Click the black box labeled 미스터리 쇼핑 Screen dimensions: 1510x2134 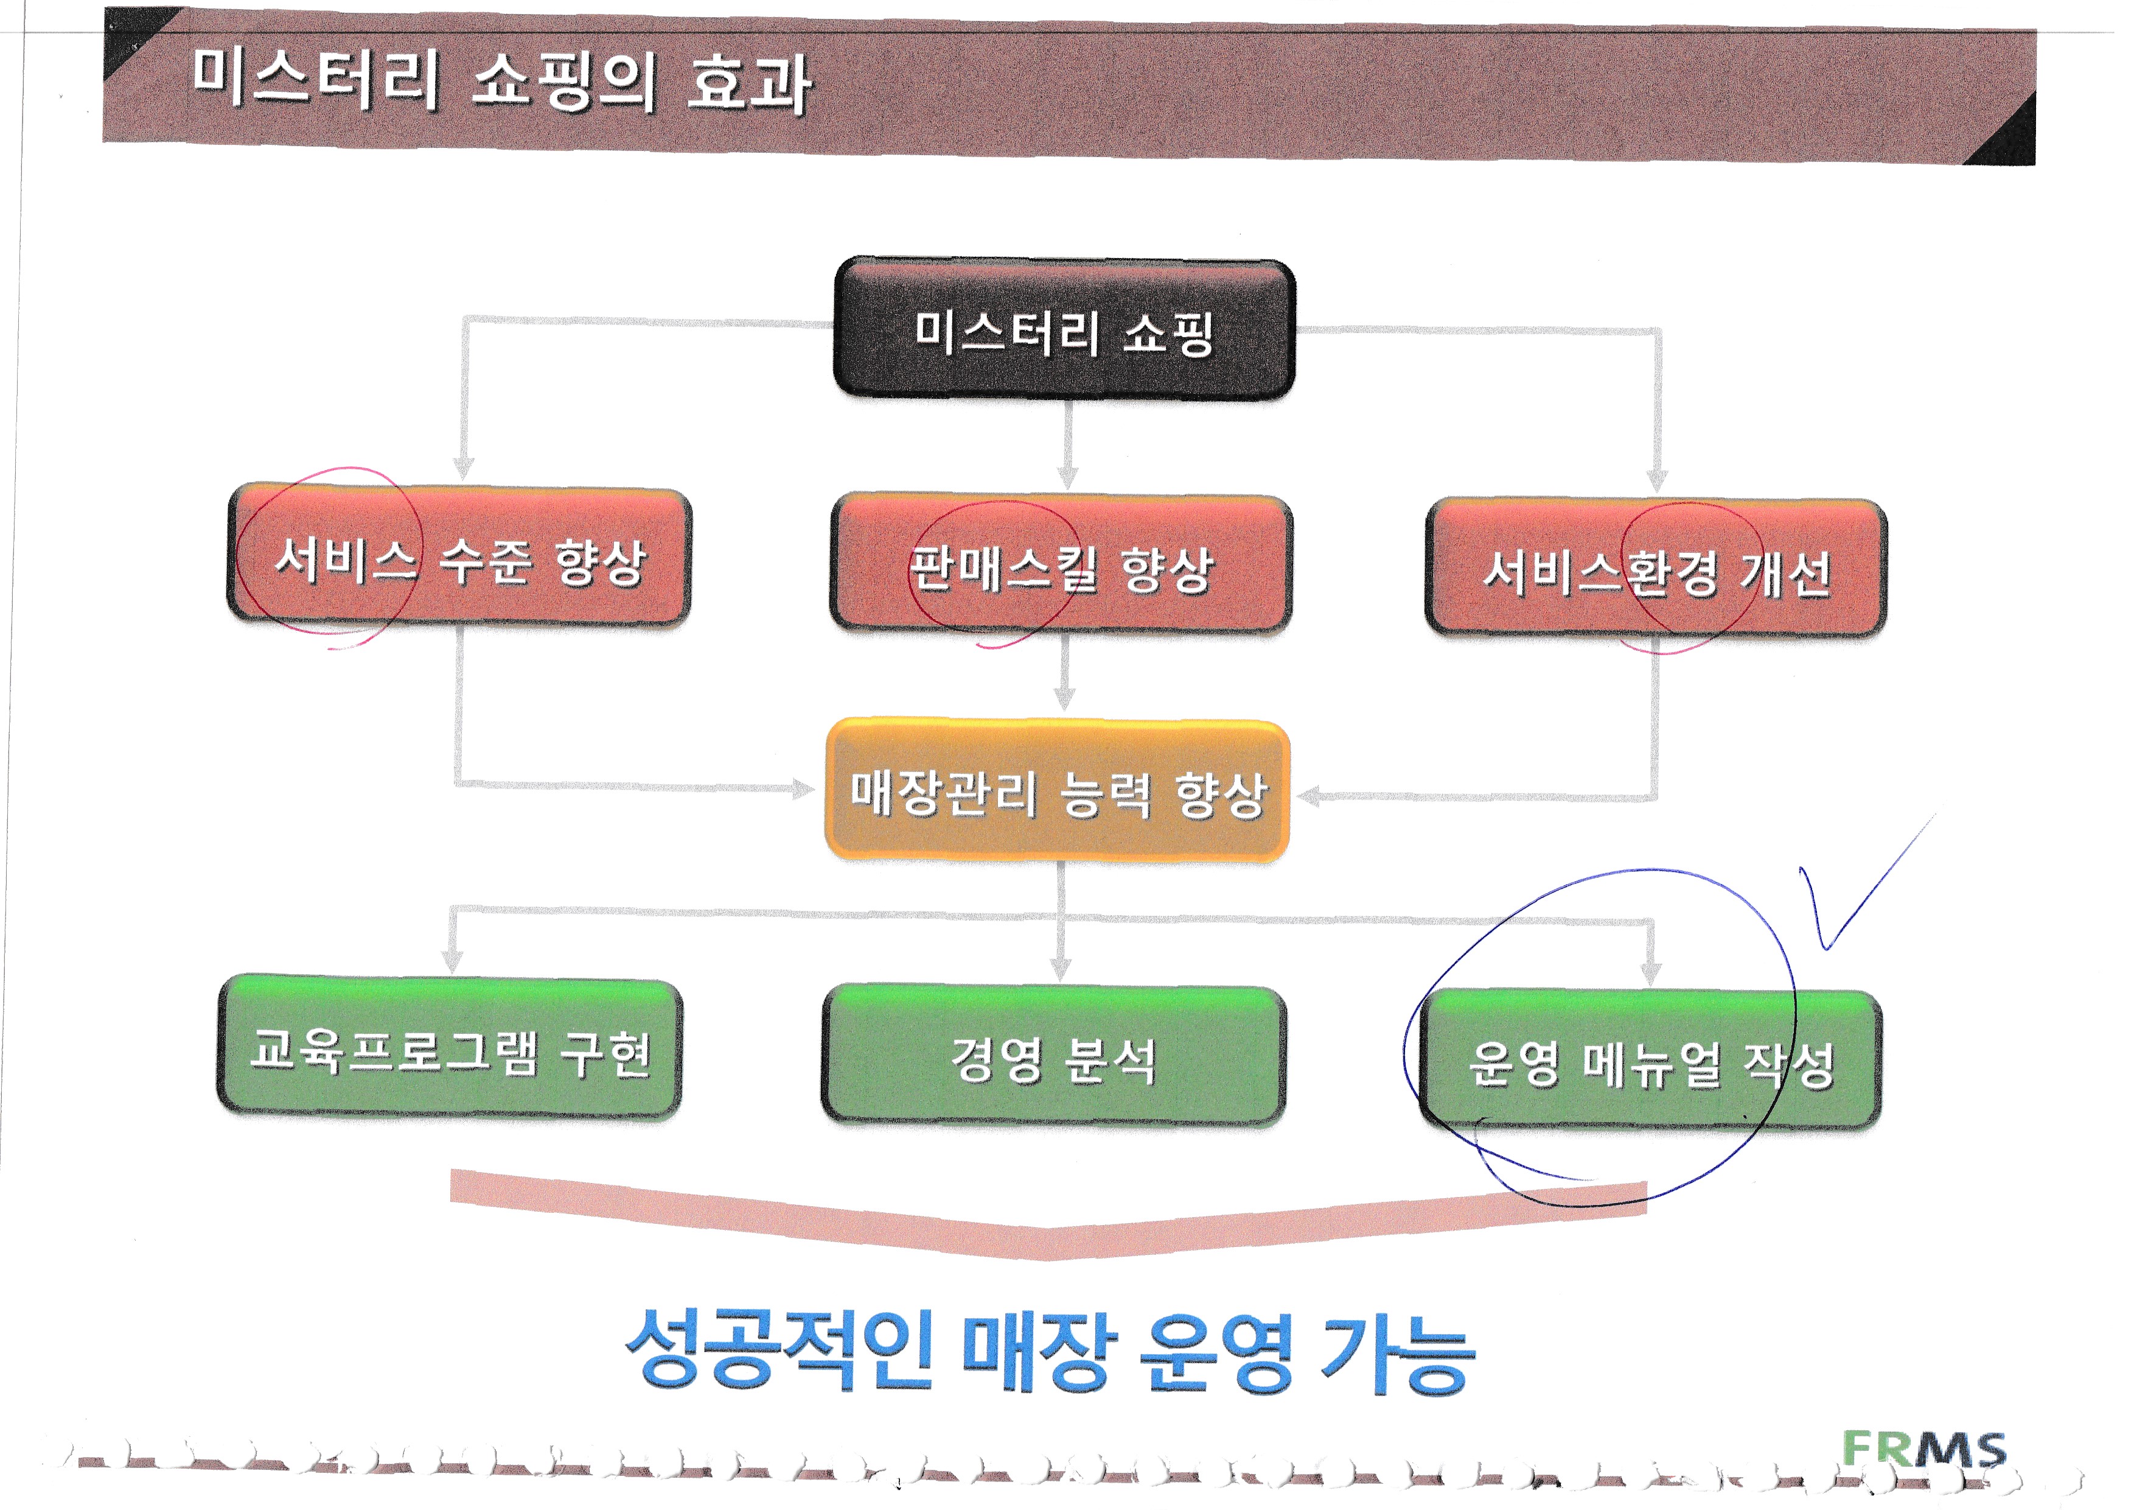point(1064,329)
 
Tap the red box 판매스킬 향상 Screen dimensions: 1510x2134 point(1061,565)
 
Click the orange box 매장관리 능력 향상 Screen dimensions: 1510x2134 point(1058,790)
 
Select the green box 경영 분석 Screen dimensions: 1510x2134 point(1054,1056)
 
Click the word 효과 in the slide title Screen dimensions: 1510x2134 point(748,83)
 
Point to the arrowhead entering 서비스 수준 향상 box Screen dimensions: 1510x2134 point(464,467)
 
